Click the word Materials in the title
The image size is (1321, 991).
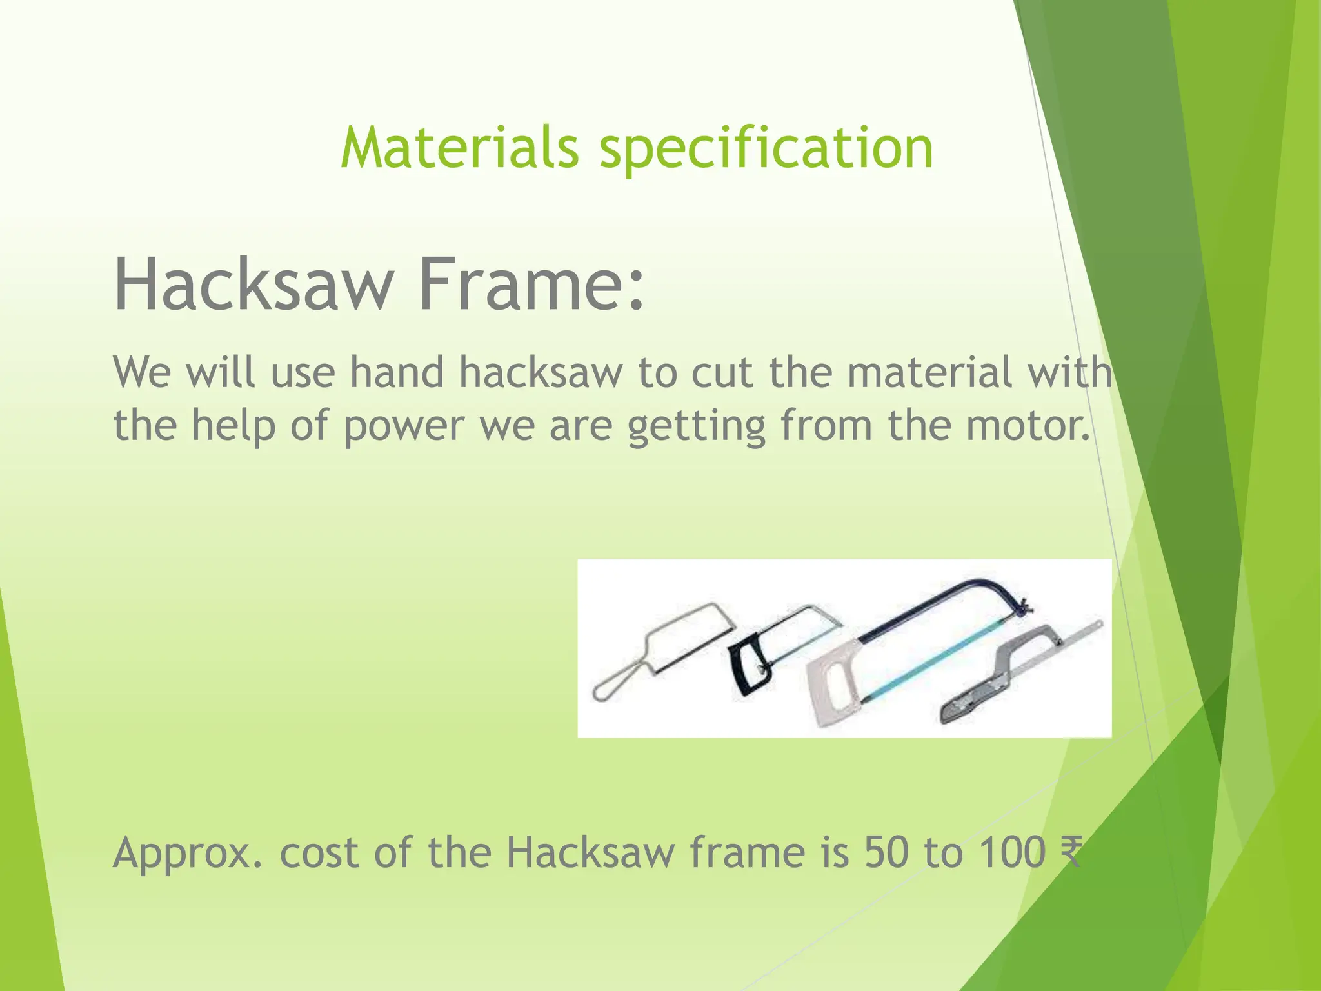(459, 148)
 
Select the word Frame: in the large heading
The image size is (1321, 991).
(531, 285)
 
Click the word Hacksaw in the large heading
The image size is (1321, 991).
(253, 285)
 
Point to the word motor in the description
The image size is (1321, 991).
(1027, 426)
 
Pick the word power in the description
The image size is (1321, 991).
(403, 427)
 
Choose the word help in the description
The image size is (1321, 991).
(233, 427)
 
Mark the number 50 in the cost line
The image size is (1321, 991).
(886, 852)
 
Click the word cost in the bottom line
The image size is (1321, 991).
(319, 853)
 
